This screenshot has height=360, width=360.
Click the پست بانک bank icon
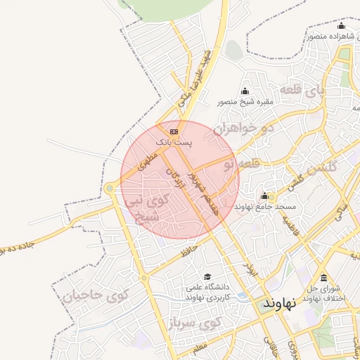(x=174, y=131)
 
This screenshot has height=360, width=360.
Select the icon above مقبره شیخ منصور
(x=245, y=91)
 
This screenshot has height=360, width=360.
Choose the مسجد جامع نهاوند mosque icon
(x=264, y=195)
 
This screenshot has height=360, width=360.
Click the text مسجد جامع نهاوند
(x=266, y=207)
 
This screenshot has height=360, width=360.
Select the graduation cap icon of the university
(x=207, y=276)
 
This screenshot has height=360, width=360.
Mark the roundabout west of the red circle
(x=110, y=188)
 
